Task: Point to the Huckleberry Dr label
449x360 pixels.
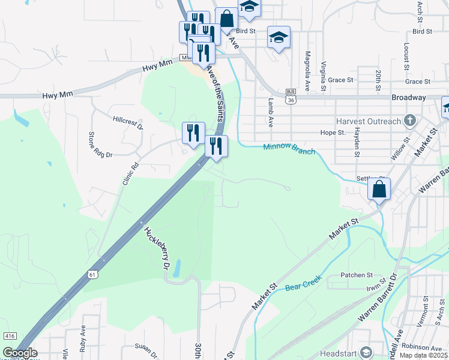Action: pyautogui.click(x=155, y=247)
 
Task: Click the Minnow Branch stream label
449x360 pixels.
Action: pyautogui.click(x=289, y=149)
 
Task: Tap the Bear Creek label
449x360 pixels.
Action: pyautogui.click(x=303, y=282)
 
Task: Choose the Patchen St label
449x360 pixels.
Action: pyautogui.click(x=357, y=275)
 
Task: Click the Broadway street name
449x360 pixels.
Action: pyautogui.click(x=408, y=97)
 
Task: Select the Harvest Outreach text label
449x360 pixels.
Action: pyautogui.click(x=368, y=121)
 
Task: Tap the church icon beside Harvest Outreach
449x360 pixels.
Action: pyautogui.click(x=410, y=121)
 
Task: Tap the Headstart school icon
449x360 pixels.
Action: pyautogui.click(x=366, y=352)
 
